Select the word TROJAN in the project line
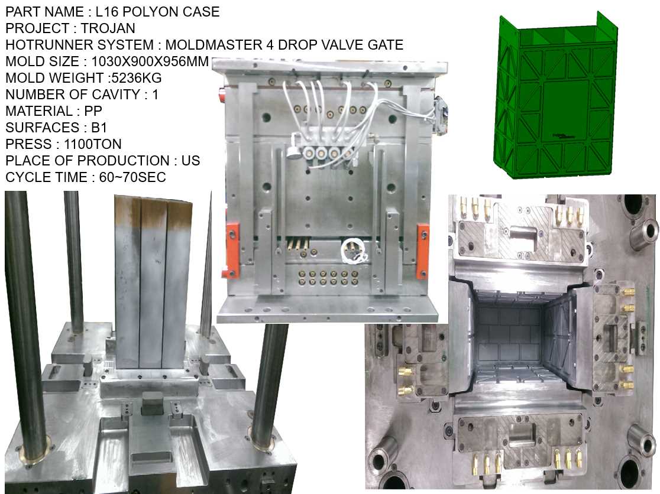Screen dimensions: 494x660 click(108, 28)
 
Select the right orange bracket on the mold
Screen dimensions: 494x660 click(422, 251)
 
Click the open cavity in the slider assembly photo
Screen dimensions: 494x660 click(512, 343)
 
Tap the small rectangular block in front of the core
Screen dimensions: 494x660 click(153, 406)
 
